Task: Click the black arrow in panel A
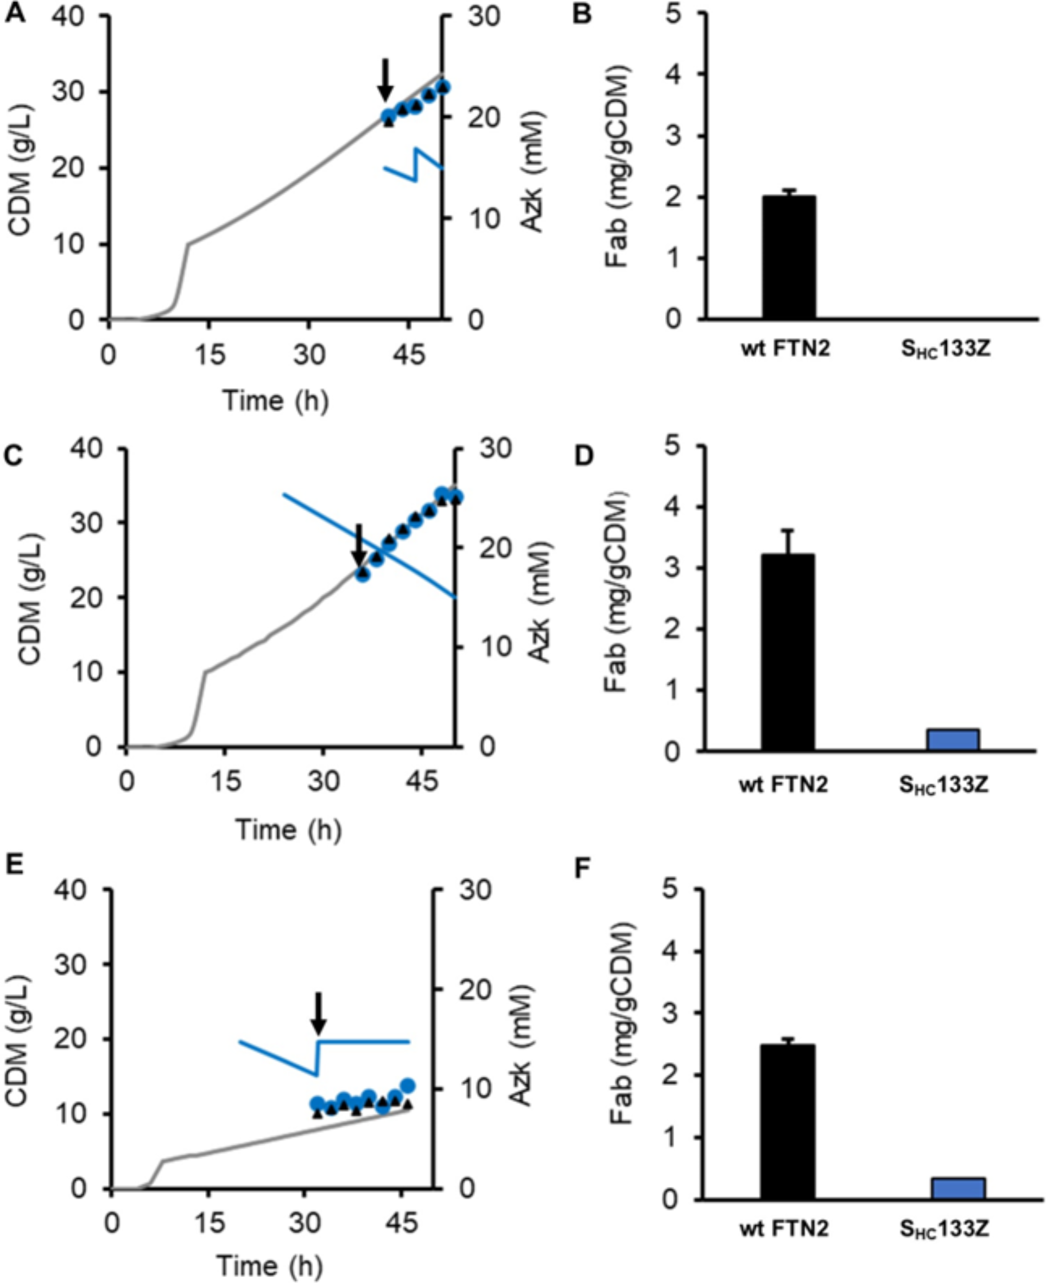point(385,81)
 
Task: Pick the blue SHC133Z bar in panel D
point(953,740)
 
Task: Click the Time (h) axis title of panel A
point(276,401)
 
